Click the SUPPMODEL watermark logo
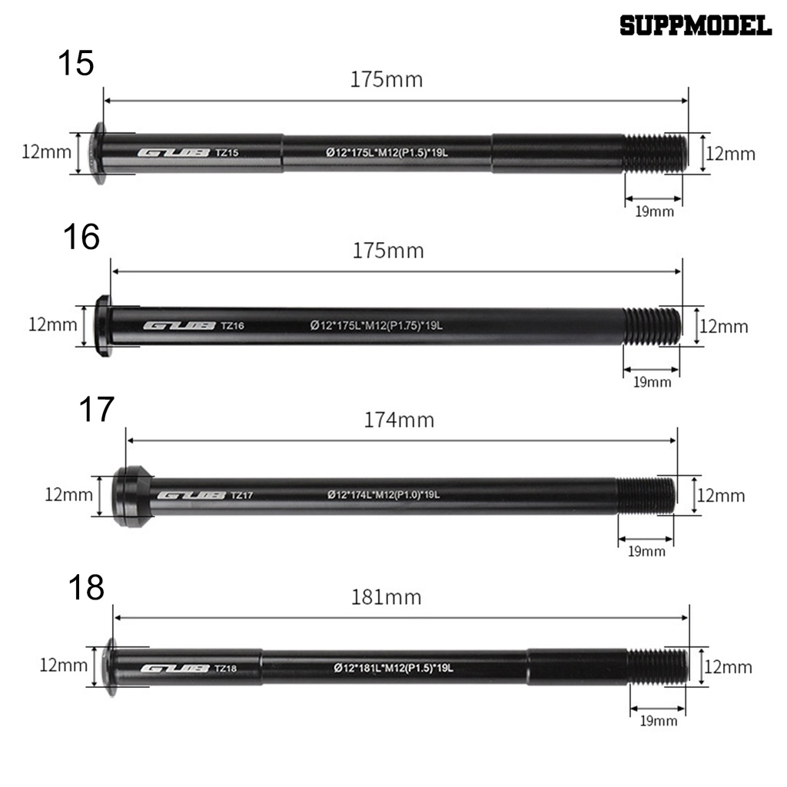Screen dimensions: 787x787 click(695, 26)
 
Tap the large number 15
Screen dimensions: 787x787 click(76, 63)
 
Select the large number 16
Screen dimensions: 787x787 click(81, 237)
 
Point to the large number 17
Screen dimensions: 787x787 click(97, 410)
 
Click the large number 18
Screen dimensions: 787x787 click(85, 588)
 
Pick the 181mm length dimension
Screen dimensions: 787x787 click(386, 596)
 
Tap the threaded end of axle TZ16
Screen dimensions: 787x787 click(651, 326)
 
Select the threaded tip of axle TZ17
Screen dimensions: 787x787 click(646, 495)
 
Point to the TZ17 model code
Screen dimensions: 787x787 click(241, 496)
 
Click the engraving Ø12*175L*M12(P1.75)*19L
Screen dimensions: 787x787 click(377, 326)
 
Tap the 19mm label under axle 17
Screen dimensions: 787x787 click(646, 551)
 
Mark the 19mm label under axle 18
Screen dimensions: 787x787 click(658, 721)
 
